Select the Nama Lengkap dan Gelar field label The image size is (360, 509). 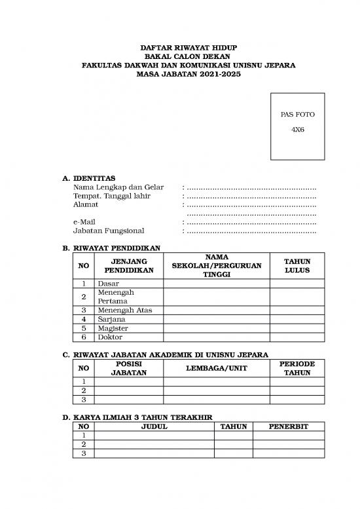118,187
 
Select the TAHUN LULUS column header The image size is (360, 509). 297,266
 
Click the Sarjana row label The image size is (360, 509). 111,319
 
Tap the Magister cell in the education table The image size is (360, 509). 113,328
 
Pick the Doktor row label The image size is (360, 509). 110,337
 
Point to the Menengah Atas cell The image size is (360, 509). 124,310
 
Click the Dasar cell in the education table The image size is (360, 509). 108,284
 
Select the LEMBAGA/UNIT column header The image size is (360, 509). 216,368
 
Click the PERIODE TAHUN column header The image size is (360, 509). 297,368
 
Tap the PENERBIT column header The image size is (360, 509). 288,426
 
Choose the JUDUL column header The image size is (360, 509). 154,426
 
